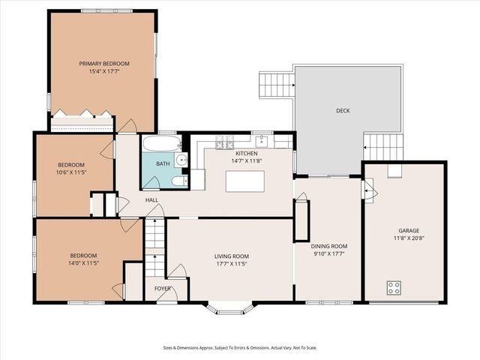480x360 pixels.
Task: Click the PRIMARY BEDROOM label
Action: click(104, 64)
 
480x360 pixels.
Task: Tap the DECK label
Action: click(343, 111)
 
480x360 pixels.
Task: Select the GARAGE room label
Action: click(409, 230)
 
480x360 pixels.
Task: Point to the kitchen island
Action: click(245, 181)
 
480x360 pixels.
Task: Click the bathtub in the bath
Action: click(162, 143)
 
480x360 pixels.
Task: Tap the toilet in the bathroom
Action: click(179, 181)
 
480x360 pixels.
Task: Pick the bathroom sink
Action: click(181, 160)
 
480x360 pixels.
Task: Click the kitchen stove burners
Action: click(225, 142)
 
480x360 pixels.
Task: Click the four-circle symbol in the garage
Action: click(394, 287)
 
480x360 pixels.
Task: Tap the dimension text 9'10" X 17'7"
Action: click(329, 253)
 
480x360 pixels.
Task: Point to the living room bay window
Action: click(229, 308)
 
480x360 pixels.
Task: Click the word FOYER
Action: click(162, 289)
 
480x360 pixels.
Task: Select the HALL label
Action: click(151, 200)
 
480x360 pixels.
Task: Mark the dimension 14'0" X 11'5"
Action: click(83, 262)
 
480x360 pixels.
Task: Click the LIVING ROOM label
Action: click(232, 256)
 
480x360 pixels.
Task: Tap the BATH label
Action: click(163, 163)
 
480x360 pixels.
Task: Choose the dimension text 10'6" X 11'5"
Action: click(71, 172)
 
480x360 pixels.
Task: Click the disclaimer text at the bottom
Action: click(240, 348)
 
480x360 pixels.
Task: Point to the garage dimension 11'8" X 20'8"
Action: click(409, 238)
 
